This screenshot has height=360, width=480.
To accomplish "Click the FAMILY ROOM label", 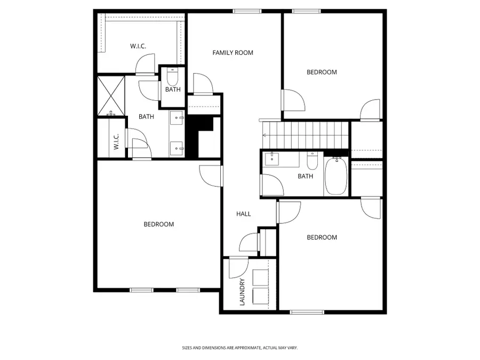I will click(x=233, y=52).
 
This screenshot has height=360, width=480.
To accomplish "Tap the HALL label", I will click(x=243, y=214).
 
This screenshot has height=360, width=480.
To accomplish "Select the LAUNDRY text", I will click(x=242, y=292).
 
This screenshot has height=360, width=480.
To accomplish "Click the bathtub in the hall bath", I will click(x=336, y=176).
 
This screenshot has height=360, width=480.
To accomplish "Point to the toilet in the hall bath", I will click(x=313, y=159).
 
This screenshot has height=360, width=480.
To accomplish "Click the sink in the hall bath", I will click(x=273, y=158).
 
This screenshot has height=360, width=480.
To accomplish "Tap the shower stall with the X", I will click(x=111, y=95).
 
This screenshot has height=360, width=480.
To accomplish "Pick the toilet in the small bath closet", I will click(x=172, y=77).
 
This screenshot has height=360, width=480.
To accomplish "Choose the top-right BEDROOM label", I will click(x=322, y=72).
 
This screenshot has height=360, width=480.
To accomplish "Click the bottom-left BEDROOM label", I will click(x=159, y=225).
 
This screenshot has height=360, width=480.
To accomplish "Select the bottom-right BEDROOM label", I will click(x=322, y=237).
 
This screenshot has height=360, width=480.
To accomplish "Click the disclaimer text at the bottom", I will click(x=239, y=348).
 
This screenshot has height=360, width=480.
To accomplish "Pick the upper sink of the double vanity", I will click(x=177, y=117).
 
